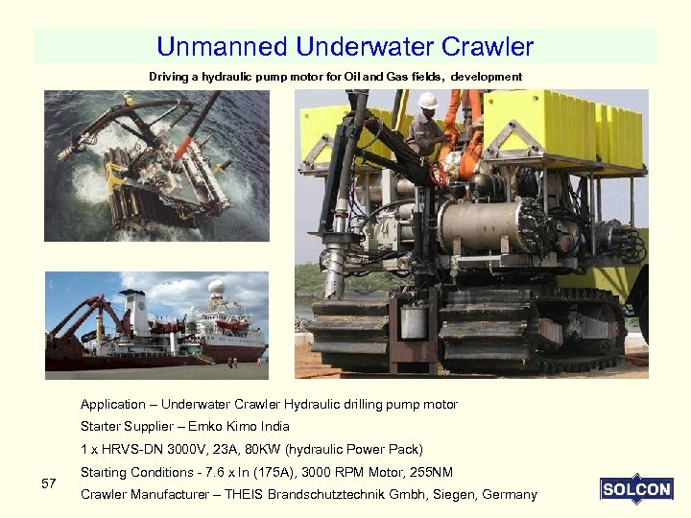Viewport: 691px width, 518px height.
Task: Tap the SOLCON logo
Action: coord(636,489)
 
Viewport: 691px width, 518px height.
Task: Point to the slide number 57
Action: coord(49,483)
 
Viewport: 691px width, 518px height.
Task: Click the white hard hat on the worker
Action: coord(428,100)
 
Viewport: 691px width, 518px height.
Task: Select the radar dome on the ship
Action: coord(218,287)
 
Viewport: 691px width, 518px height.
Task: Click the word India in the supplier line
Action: coord(273,426)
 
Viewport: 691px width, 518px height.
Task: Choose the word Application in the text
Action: coord(112,404)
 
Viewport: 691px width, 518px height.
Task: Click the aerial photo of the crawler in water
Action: coord(157,165)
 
